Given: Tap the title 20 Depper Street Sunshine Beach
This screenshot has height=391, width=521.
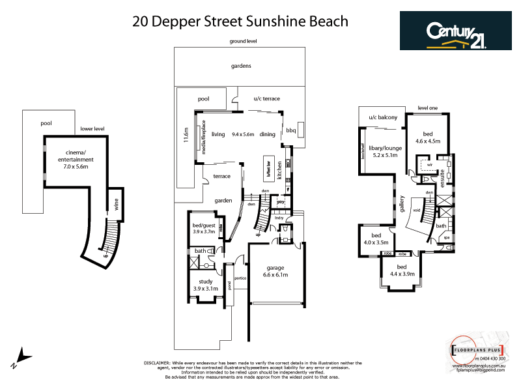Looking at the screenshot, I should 240,21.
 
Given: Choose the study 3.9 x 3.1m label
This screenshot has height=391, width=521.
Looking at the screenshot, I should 205,285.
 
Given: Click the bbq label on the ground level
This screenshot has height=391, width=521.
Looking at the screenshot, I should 291,130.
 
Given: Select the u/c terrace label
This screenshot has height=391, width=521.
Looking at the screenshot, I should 267,98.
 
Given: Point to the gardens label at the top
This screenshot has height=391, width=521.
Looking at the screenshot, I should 241,66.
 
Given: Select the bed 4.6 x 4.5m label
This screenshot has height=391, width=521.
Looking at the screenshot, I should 428,137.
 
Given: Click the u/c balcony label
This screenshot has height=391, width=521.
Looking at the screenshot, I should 382,117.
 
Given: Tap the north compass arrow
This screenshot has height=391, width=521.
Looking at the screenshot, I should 22,357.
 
